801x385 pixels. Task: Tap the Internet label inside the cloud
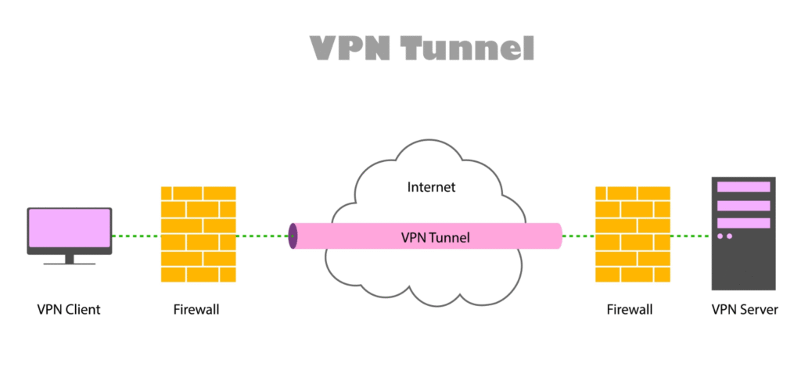[x=431, y=188]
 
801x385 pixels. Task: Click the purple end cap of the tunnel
[x=293, y=236]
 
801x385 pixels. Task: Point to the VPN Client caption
[x=69, y=310]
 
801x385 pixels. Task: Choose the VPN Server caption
[x=744, y=310]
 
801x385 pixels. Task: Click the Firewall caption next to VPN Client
[x=196, y=310]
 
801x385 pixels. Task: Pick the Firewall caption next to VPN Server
[x=629, y=310]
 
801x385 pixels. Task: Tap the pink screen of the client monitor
[x=69, y=228]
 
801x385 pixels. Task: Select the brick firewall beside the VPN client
[x=197, y=234]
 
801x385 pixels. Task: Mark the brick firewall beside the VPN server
[x=632, y=234]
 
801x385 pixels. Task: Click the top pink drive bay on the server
[x=743, y=187]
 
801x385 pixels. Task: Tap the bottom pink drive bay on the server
[x=743, y=223]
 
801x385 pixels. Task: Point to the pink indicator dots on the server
[x=724, y=236]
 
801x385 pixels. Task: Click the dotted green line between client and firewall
[x=135, y=236]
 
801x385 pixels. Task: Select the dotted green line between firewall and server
[x=691, y=236]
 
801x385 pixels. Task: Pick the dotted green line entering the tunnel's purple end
[x=262, y=236]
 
